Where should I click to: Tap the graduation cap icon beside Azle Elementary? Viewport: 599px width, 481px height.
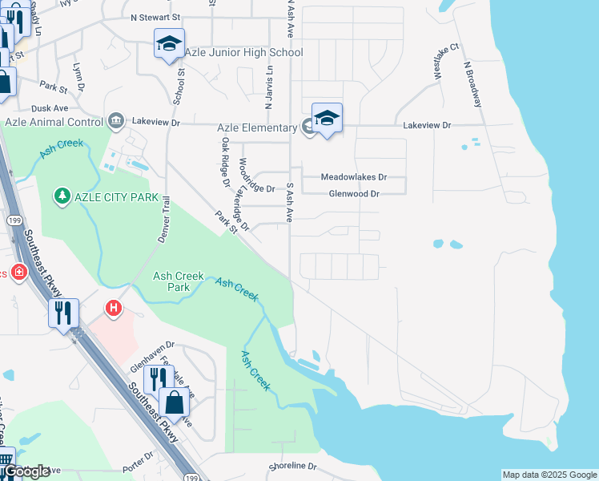pos(327,119)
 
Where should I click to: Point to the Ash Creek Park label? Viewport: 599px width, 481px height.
pos(172,281)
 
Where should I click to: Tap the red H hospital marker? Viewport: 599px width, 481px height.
pos(114,307)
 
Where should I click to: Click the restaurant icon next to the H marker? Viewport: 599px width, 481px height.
pos(64,312)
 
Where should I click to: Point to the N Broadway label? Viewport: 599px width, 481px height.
pos(472,83)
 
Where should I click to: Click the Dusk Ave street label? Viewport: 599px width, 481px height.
pos(50,107)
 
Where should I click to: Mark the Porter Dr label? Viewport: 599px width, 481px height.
pos(139,461)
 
